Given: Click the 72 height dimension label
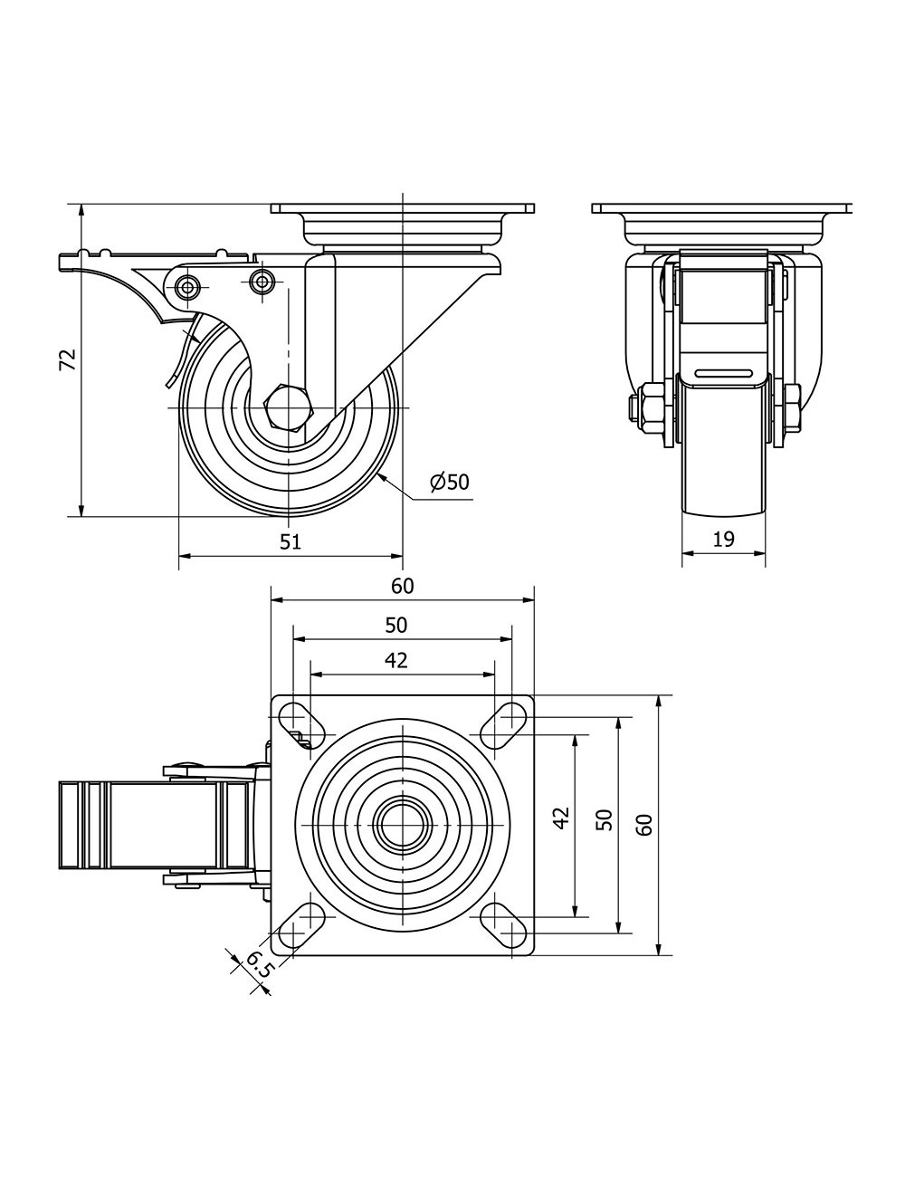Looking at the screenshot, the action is click(x=68, y=360).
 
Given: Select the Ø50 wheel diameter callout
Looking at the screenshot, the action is click(x=449, y=482).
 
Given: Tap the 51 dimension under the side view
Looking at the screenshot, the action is click(x=291, y=541).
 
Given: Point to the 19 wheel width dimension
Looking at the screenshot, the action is click(x=724, y=540).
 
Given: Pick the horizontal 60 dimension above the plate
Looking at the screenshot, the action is click(x=403, y=586).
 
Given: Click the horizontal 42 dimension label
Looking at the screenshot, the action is click(x=395, y=660).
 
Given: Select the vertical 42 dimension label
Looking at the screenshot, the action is click(x=562, y=818).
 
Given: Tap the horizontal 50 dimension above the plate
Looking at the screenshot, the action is click(x=395, y=626).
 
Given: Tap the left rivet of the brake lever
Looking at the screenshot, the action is click(x=188, y=286).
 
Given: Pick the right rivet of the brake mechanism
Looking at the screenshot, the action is click(x=262, y=281).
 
